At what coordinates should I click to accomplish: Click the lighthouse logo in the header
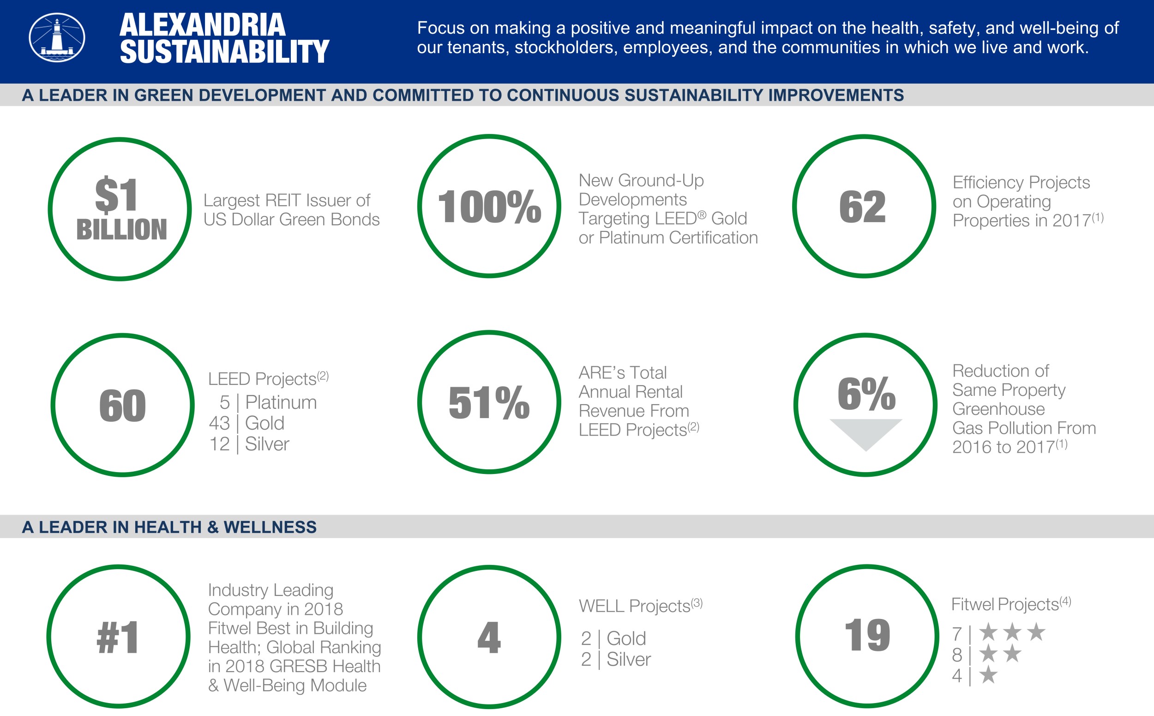57,37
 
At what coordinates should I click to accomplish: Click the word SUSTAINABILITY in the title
224,52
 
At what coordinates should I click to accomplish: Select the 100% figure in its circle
489,206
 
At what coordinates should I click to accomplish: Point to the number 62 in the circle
863,206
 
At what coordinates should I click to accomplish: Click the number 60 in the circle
122,406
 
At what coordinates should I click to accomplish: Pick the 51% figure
489,402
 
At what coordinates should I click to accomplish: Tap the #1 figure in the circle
118,637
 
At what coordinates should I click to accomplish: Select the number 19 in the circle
867,635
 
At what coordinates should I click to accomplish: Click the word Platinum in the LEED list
281,402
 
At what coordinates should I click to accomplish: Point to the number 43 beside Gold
219,423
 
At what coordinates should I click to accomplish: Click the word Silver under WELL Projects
628,659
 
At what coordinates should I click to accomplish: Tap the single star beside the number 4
988,675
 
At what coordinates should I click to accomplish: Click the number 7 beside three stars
957,634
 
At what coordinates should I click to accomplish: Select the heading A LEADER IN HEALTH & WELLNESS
169,527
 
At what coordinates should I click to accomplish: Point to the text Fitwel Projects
1005,604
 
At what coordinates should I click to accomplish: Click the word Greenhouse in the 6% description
998,409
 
